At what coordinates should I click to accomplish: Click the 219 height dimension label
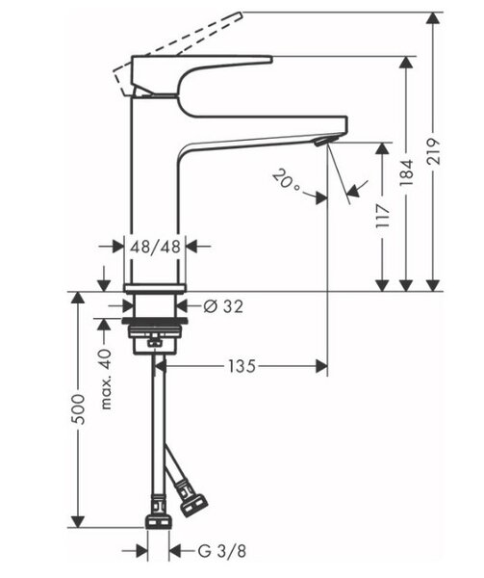point(433,151)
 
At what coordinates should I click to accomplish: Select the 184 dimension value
point(406,172)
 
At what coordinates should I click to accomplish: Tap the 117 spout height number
point(383,215)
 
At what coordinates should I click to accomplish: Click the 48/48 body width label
point(155,247)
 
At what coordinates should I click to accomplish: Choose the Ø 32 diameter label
point(223,306)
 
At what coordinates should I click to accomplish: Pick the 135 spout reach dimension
point(242,366)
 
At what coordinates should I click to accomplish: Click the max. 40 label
point(105,380)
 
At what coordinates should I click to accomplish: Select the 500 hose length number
point(78,408)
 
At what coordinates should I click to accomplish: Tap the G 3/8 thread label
point(221,552)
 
